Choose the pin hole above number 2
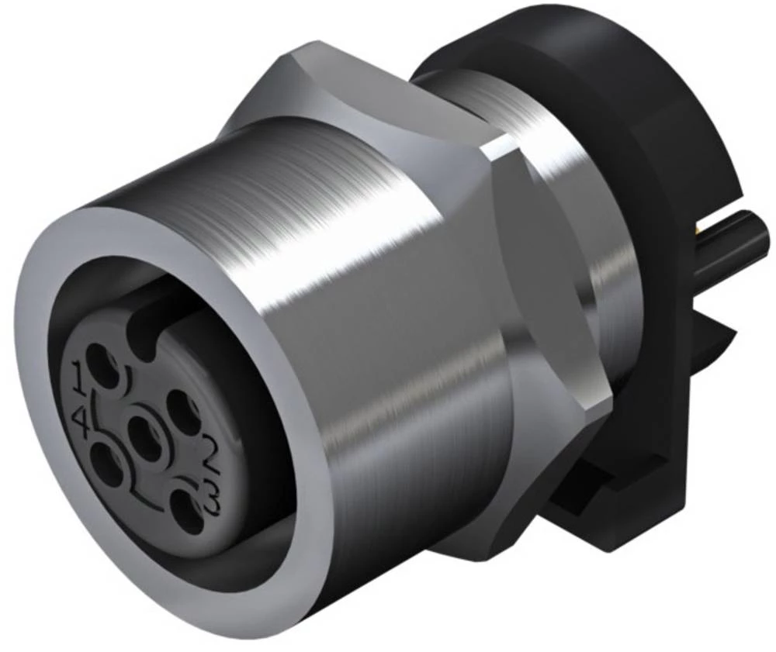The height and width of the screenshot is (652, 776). pos(183,406)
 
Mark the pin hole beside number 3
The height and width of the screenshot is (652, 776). pos(186,509)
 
